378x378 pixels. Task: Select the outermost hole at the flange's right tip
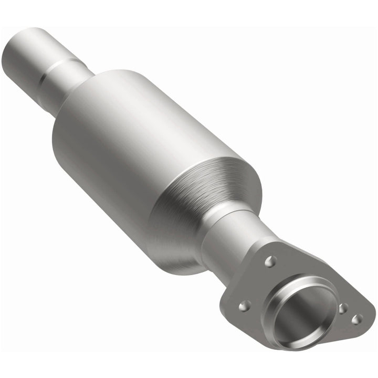pos(357,319)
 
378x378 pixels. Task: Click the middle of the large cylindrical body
pos(147,157)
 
